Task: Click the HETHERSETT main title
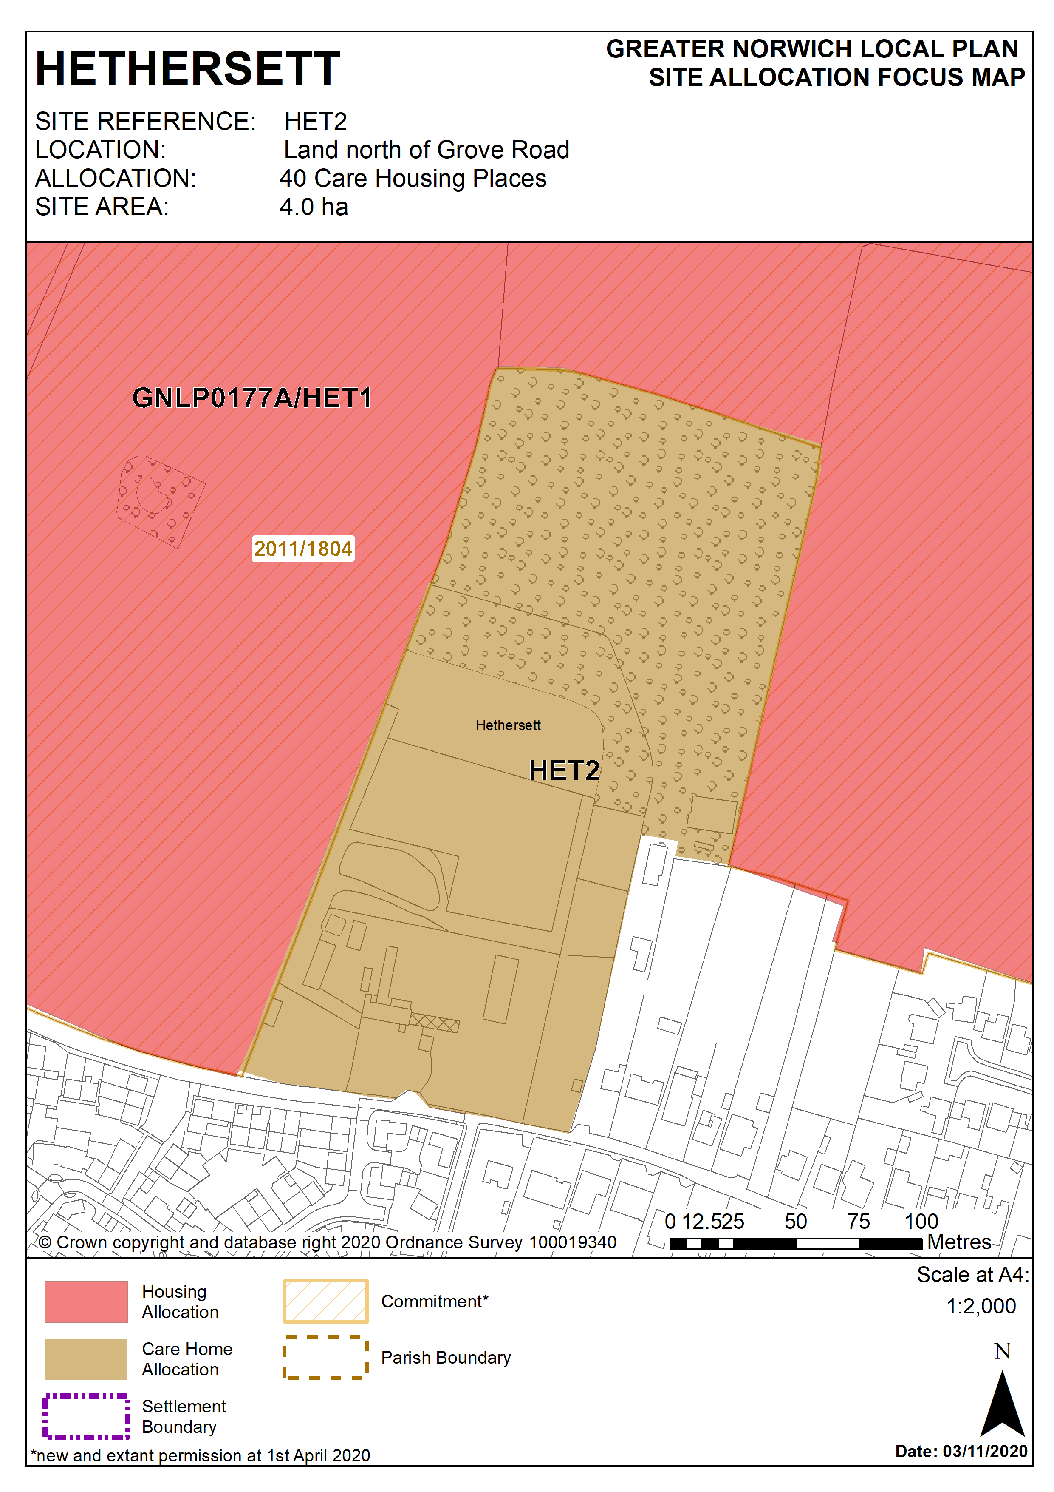188,69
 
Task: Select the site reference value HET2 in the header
316,122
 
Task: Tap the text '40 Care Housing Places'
413,179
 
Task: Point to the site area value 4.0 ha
314,207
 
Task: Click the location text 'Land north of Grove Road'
427,150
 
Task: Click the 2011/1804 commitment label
302,548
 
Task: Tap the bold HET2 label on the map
564,771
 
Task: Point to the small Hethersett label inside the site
508,725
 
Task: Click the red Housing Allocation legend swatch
86,1302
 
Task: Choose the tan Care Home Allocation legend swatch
86,1359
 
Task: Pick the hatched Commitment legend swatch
325,1301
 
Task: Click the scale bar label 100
921,1222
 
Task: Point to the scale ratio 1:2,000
981,1306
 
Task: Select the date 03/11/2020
984,1451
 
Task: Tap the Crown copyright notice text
327,1242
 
